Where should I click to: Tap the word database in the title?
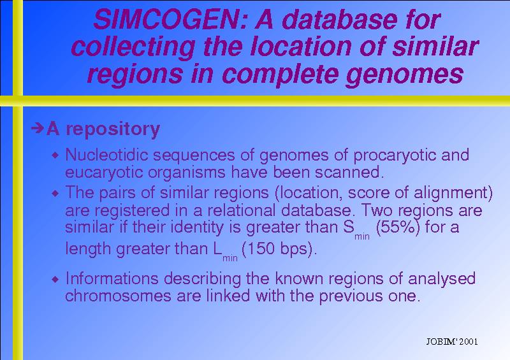pyautogui.click(x=340, y=20)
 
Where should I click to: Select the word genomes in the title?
pyautogui.click(x=405, y=75)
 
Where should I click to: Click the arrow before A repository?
pyautogui.click(x=38, y=128)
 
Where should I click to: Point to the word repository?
pyautogui.click(x=113, y=130)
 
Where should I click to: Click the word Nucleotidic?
pyautogui.click(x=106, y=155)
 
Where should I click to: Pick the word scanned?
pyautogui.click(x=349, y=172)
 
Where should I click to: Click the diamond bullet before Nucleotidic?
pyautogui.click(x=55, y=155)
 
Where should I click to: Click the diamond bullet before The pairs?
pyautogui.click(x=55, y=194)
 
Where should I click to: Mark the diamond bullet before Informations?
pyautogui.click(x=55, y=279)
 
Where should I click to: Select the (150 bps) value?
pyautogui.click(x=279, y=249)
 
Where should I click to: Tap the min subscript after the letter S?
pyautogui.click(x=362, y=237)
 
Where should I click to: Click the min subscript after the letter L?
pyautogui.click(x=230, y=259)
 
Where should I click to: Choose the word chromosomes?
pyautogui.click(x=118, y=296)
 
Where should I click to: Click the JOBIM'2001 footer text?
pyautogui.click(x=452, y=342)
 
